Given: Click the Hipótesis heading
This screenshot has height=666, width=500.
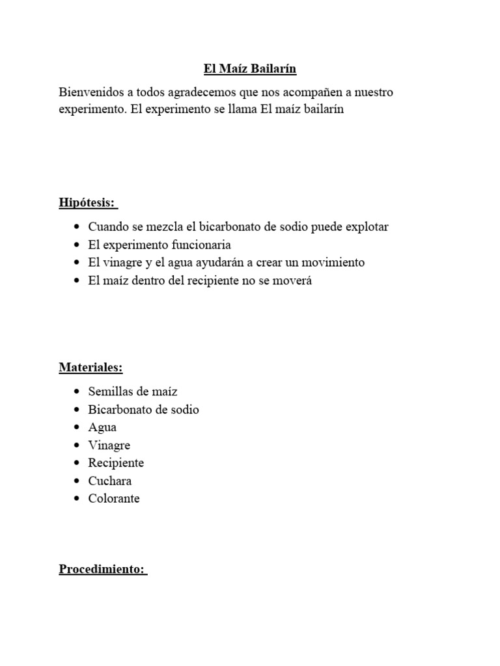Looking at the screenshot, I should [87, 203].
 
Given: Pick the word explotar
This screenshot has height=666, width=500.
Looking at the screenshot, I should [365, 227].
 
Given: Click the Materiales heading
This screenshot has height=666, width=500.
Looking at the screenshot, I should [90, 367].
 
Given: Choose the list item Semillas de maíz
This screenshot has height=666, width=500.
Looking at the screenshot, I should [133, 392].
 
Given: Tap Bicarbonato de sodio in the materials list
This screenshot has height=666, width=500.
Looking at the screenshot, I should [143, 410].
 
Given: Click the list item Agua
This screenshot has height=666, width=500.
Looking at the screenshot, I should [102, 427].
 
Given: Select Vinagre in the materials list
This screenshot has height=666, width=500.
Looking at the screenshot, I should [109, 446].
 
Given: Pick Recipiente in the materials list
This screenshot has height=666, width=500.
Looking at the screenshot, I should [116, 463].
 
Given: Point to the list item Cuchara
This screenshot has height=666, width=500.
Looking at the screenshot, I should [110, 481].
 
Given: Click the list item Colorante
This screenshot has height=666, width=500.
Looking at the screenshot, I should [114, 499].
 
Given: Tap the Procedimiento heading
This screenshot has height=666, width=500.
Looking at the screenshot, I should [102, 569].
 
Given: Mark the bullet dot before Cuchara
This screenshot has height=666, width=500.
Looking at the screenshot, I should [77, 481].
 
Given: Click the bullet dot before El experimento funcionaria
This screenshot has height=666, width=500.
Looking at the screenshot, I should [77, 245].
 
